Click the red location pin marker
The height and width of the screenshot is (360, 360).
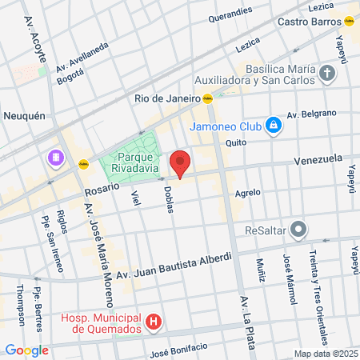point(180,164)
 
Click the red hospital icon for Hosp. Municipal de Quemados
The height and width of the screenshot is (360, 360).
point(154,324)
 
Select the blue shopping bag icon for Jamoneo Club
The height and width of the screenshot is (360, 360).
point(274,126)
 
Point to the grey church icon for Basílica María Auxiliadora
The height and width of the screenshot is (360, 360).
point(326,75)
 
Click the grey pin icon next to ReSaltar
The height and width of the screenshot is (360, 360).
point(298,230)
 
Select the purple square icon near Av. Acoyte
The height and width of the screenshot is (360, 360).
point(56,157)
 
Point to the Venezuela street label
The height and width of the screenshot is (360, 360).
point(318,160)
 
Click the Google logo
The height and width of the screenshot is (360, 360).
point(26,350)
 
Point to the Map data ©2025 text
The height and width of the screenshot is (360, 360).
point(326,354)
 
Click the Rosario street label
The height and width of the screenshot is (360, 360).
point(102,190)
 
